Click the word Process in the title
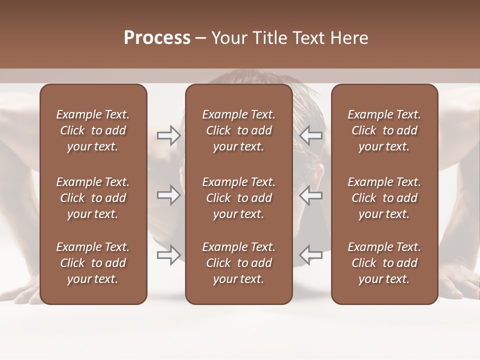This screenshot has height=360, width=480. [x=157, y=38]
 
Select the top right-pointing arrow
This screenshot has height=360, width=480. [x=168, y=135]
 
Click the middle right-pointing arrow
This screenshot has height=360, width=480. [x=168, y=195]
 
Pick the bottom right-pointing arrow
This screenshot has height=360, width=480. [x=168, y=254]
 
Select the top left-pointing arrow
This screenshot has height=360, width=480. [x=311, y=135]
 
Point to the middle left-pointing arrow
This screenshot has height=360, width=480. [x=311, y=195]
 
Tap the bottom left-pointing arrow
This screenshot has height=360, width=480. [x=311, y=254]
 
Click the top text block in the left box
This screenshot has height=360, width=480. [x=93, y=130]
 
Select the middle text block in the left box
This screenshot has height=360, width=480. [x=93, y=198]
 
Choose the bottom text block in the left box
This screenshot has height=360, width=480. [x=93, y=263]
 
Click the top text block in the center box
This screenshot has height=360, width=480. [x=238, y=130]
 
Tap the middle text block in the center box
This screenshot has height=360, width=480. [x=238, y=198]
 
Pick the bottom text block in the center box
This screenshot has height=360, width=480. [x=238, y=263]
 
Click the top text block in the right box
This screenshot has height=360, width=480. [x=384, y=130]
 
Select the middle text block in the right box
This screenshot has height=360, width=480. [x=384, y=198]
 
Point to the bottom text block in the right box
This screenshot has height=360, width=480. [x=384, y=263]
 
